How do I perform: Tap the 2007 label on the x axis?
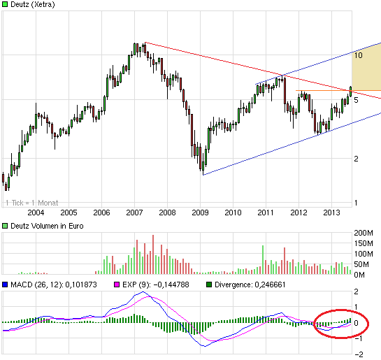(134, 213)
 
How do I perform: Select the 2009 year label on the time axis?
(201, 213)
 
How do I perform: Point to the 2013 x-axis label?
(332, 213)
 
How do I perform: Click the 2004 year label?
(36, 213)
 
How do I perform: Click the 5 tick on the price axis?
(357, 101)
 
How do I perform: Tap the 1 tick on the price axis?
(357, 203)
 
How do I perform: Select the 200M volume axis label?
(364, 232)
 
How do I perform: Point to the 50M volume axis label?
(362, 264)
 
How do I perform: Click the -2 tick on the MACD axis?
(359, 354)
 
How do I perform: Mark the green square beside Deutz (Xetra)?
(5, 5)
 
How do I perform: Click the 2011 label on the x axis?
(266, 213)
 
